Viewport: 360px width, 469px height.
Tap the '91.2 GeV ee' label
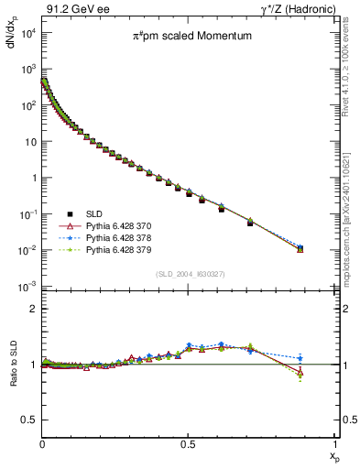point(70,9)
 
